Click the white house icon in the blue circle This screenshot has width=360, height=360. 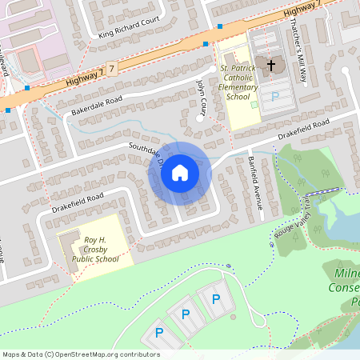point(180,173)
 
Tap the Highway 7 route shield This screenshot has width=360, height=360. point(112,70)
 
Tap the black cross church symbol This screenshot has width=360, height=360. point(271,65)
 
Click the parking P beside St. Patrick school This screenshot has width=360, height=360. point(276,96)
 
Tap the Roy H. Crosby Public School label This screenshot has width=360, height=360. point(95,249)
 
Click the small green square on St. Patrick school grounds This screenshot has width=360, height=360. point(254,104)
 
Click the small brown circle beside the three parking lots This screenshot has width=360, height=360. point(233,318)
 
